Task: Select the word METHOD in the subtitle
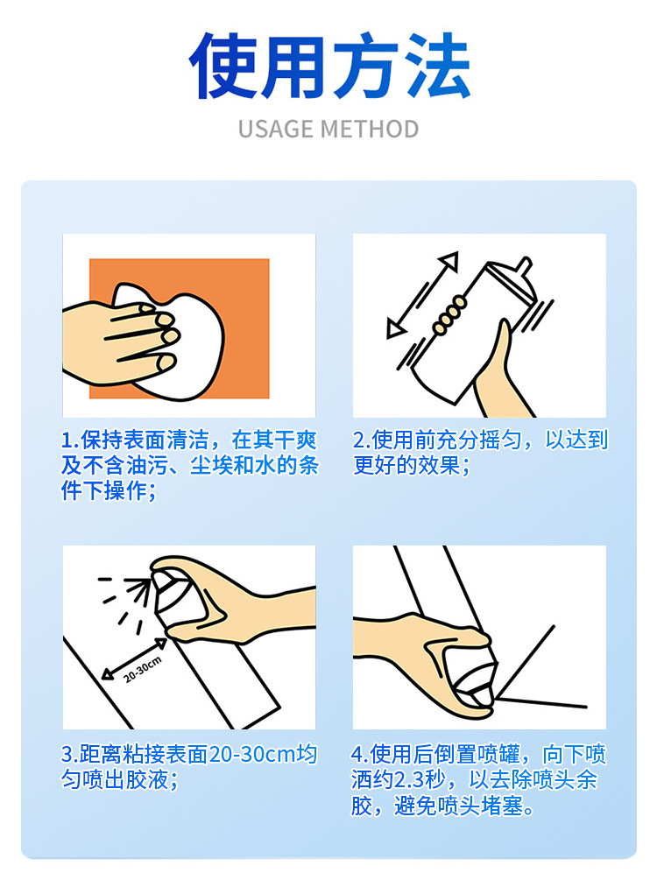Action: click(369, 130)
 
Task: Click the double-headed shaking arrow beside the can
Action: click(423, 295)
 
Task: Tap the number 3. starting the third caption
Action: click(70, 754)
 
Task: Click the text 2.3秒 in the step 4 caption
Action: click(425, 779)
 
